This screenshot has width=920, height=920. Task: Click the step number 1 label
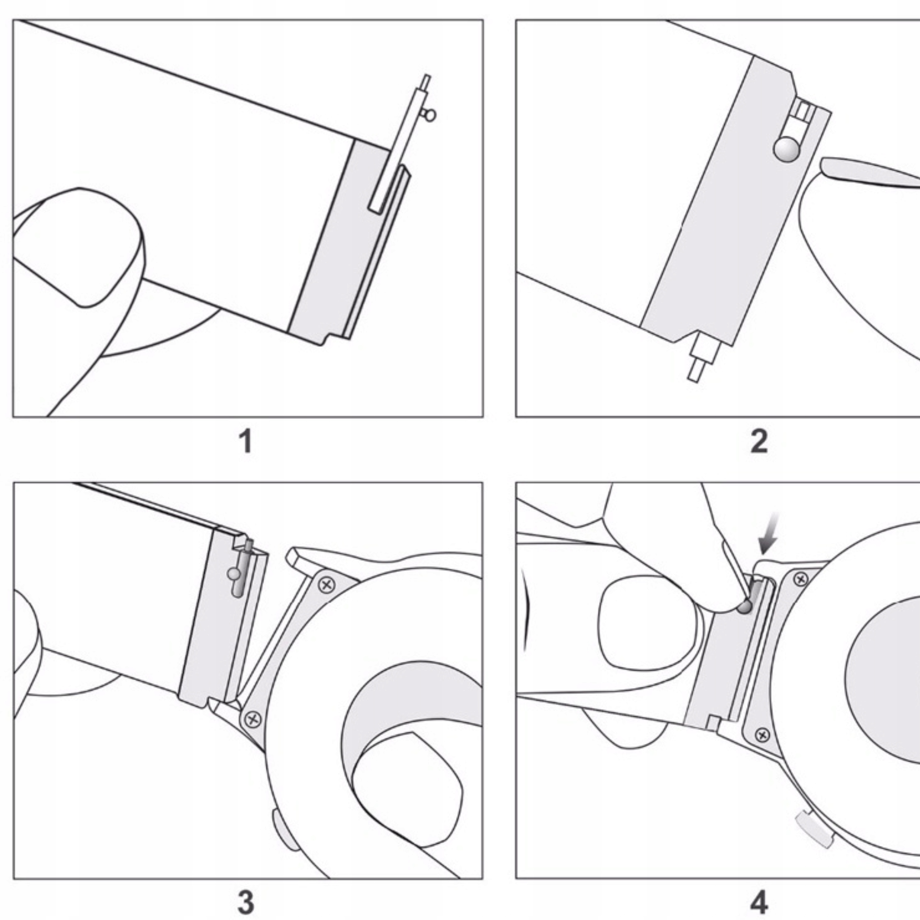coord(246,441)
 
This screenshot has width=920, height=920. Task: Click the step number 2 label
coord(759,441)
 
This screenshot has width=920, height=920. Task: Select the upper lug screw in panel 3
coord(326,584)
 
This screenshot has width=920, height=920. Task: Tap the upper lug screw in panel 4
coord(801,579)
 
